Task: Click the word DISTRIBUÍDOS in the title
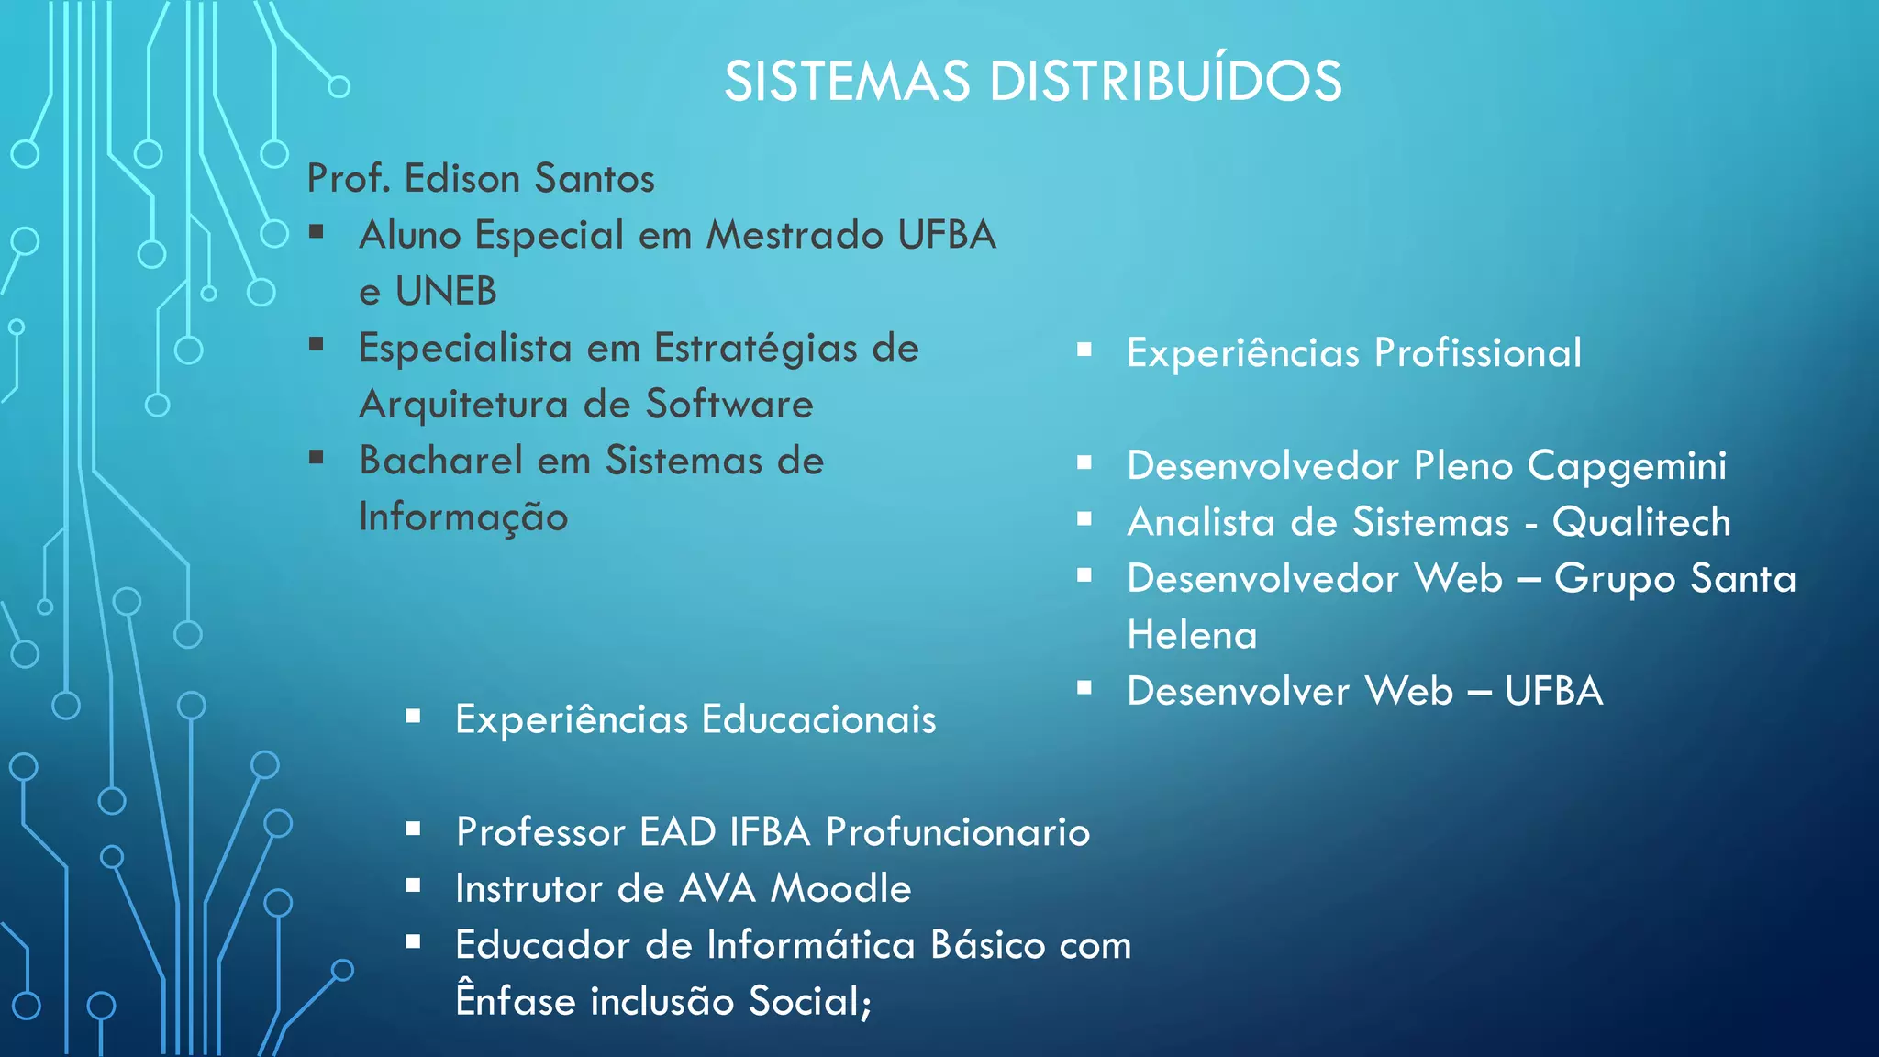tap(1165, 82)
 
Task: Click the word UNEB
tap(446, 292)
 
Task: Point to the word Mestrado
tap(795, 236)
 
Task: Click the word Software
tap(729, 405)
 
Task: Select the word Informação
tap(463, 517)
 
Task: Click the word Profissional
tap(1478, 353)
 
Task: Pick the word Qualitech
tap(1641, 523)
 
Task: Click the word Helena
tap(1192, 635)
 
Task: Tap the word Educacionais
tap(819, 719)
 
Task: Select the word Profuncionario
tap(958, 832)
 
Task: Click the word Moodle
tap(841, 889)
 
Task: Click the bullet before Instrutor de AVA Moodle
tap(414, 886)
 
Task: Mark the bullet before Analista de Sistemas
tap(1084, 519)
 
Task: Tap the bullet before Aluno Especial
tap(317, 232)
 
